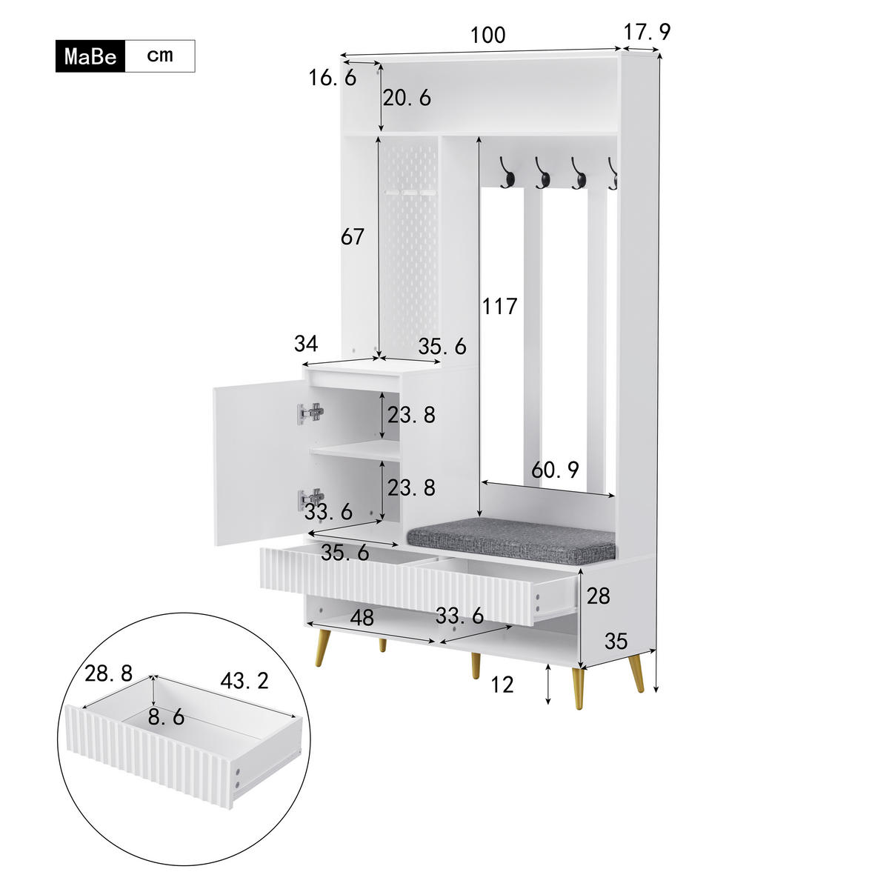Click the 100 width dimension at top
coord(487,35)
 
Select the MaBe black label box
coord(90,56)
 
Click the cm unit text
coord(159,56)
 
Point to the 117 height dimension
coord(499,306)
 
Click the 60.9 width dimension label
coord(556,469)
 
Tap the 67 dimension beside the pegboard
coord(353,237)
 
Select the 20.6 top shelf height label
coord(407,98)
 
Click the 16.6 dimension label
coord(332,77)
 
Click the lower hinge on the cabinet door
coord(311,499)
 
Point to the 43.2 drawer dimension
coord(244,681)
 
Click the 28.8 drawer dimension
coord(108,673)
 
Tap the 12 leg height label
coord(502,685)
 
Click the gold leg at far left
coord(324,646)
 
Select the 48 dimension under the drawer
coord(362,618)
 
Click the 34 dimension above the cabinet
coord(306,344)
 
